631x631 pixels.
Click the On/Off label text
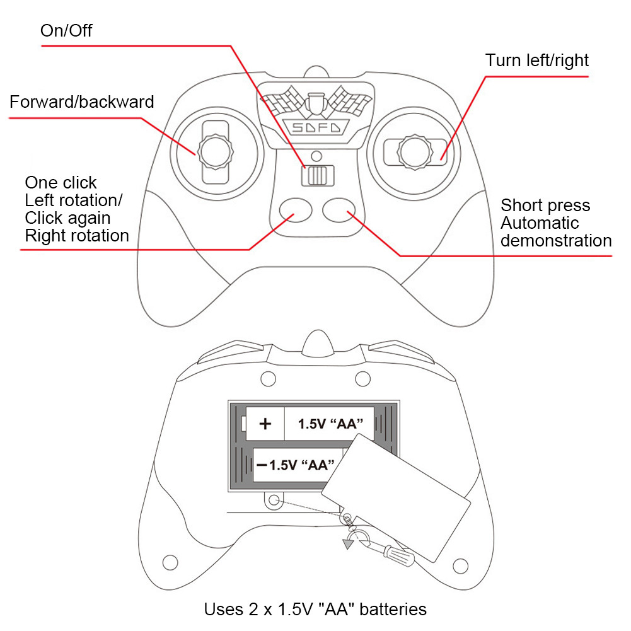point(66,30)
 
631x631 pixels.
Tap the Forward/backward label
point(81,101)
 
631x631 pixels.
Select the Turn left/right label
point(536,61)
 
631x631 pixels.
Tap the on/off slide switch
point(318,175)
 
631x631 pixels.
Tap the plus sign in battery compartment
point(265,424)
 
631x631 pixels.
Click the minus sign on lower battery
point(261,465)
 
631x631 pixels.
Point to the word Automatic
point(539,223)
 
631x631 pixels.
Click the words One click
point(61,183)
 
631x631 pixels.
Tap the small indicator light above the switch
point(317,154)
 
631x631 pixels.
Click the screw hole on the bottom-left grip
point(170,562)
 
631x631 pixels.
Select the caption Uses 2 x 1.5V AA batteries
point(315,610)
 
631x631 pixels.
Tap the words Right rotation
point(77,236)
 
